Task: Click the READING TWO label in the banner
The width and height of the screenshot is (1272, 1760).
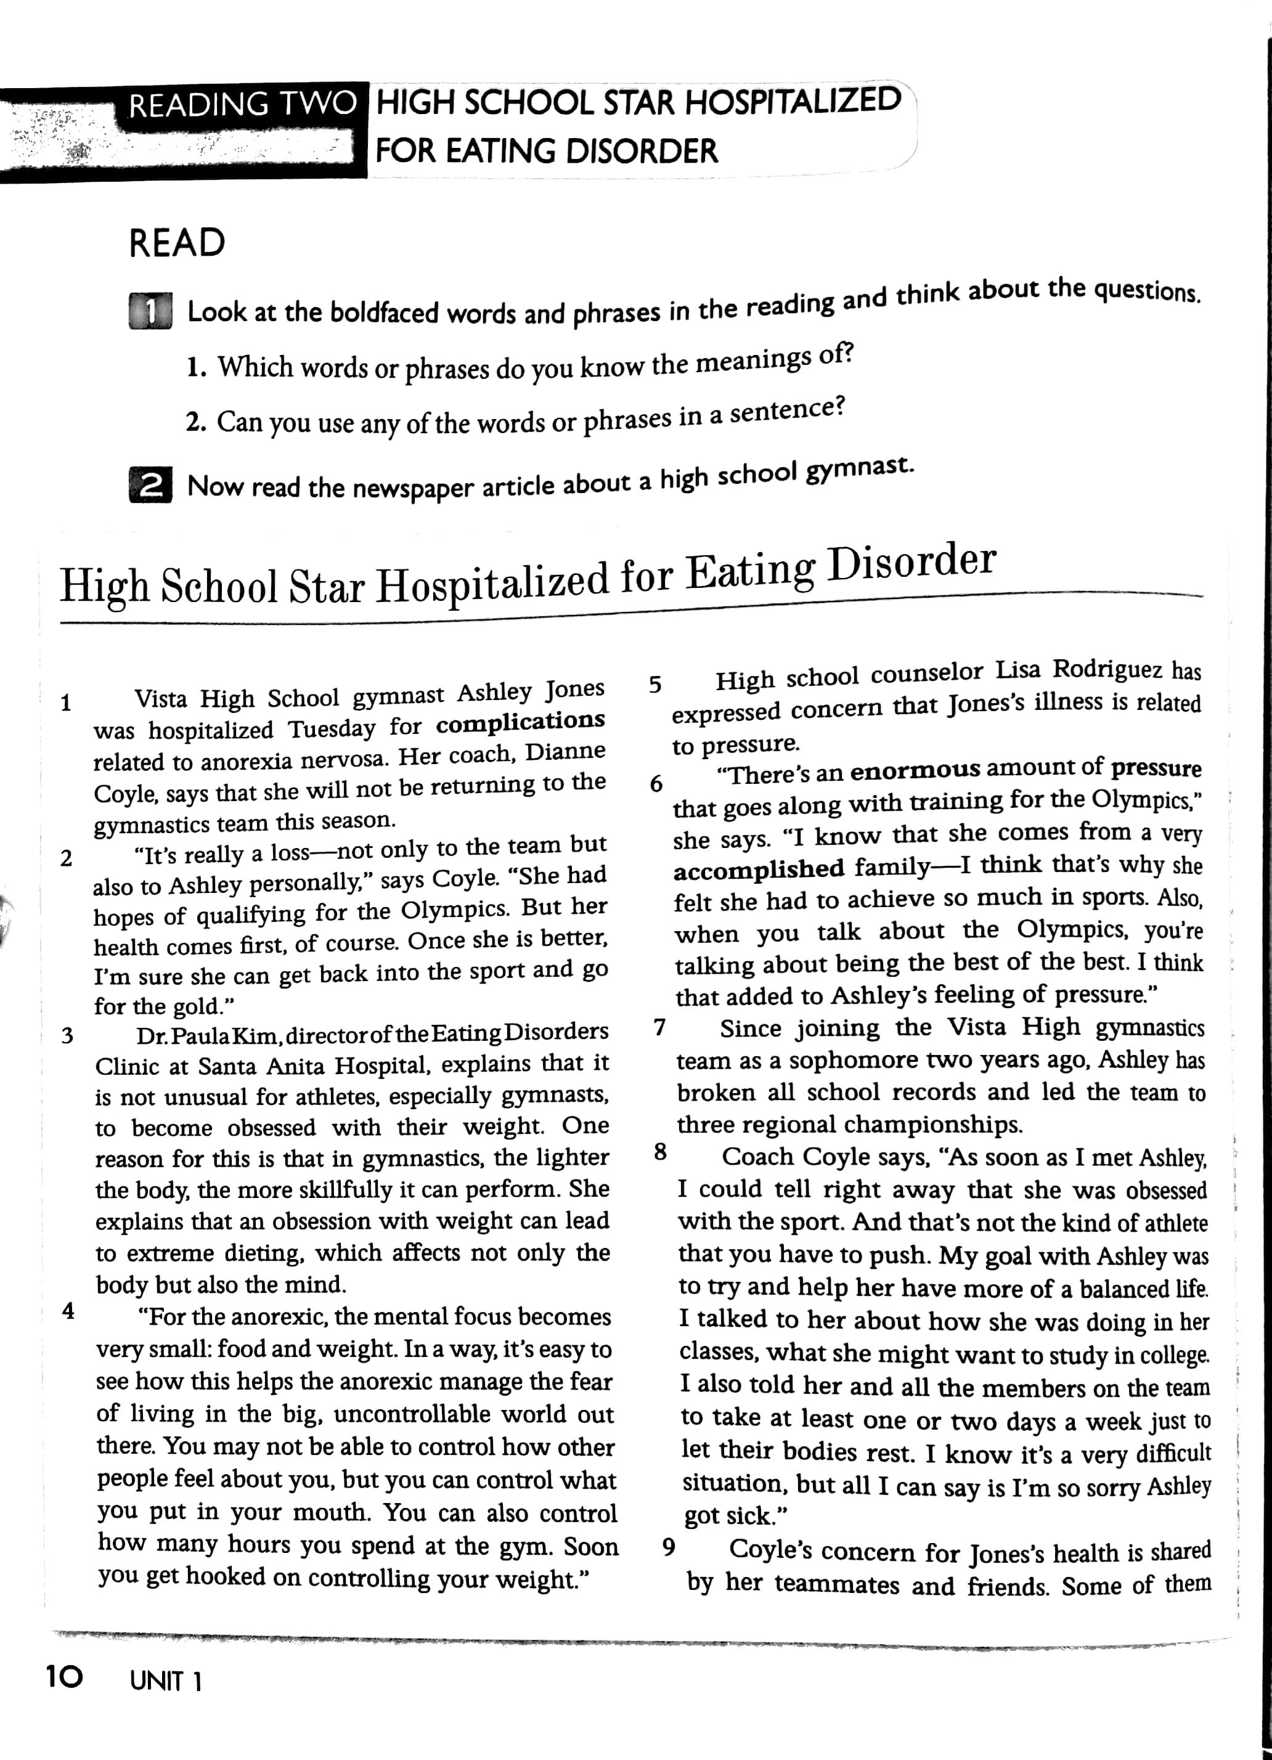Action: tap(242, 105)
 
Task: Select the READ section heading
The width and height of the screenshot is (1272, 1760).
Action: tap(177, 243)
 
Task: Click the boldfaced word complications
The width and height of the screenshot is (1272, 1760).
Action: tap(520, 722)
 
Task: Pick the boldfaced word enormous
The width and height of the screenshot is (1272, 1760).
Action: tap(915, 770)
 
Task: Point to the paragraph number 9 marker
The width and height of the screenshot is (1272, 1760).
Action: tap(668, 1547)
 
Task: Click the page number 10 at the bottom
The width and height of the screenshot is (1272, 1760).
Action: tap(63, 1678)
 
